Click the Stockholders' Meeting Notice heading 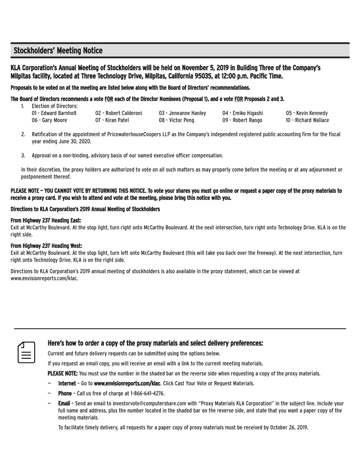tap(58, 51)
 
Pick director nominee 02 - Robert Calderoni tap(119, 113)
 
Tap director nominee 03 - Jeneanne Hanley tap(182, 113)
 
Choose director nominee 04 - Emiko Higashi tap(242, 113)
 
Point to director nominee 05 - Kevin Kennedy tap(307, 113)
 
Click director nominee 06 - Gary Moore tap(49, 120)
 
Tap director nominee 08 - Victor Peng tap(177, 120)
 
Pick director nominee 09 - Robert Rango tap(242, 120)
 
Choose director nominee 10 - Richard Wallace tap(307, 120)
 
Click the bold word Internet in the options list tap(67, 384)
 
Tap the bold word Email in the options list tap(64, 403)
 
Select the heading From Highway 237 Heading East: tap(46, 221)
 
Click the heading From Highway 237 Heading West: tap(46, 245)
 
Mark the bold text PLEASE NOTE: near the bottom tap(63, 373)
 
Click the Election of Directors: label tap(54, 106)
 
